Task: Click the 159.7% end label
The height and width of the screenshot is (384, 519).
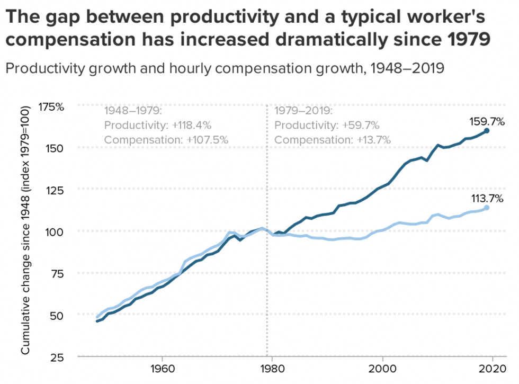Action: click(x=486, y=121)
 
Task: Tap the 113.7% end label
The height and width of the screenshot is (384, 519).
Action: click(x=487, y=199)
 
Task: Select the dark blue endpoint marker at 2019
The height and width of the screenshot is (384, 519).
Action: click(x=487, y=130)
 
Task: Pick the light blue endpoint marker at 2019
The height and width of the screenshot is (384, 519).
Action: click(x=487, y=208)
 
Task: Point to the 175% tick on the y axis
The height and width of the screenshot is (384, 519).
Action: click(x=51, y=106)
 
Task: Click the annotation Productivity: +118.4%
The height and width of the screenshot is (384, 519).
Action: click(x=158, y=126)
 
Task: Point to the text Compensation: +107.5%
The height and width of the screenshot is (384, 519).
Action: click(x=166, y=140)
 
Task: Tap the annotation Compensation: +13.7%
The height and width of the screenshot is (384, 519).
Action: click(x=333, y=140)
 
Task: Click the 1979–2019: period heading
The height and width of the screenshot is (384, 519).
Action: click(x=303, y=111)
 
